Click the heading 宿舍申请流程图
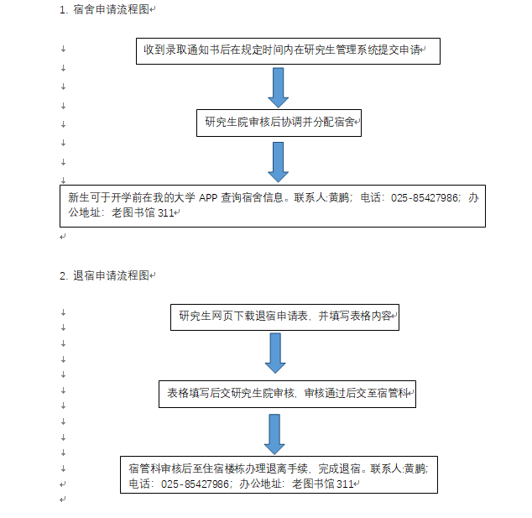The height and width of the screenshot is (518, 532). coord(112,9)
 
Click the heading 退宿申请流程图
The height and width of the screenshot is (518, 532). coord(112,275)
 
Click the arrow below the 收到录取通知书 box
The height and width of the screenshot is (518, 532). coord(279,87)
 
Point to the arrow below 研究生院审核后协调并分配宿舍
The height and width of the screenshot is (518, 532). coord(279,162)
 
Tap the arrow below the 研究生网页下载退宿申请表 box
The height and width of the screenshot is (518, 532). coord(275,353)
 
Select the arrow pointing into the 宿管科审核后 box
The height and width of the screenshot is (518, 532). coord(274,434)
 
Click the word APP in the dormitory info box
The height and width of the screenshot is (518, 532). coord(208,197)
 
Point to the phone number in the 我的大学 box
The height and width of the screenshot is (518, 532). coord(424,197)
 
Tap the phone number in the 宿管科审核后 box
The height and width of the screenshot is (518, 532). coord(195,484)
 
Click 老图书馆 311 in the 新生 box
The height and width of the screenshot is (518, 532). coord(143,213)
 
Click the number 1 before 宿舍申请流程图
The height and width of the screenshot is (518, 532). coord(63,10)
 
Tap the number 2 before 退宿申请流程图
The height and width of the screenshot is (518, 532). coord(63,276)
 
